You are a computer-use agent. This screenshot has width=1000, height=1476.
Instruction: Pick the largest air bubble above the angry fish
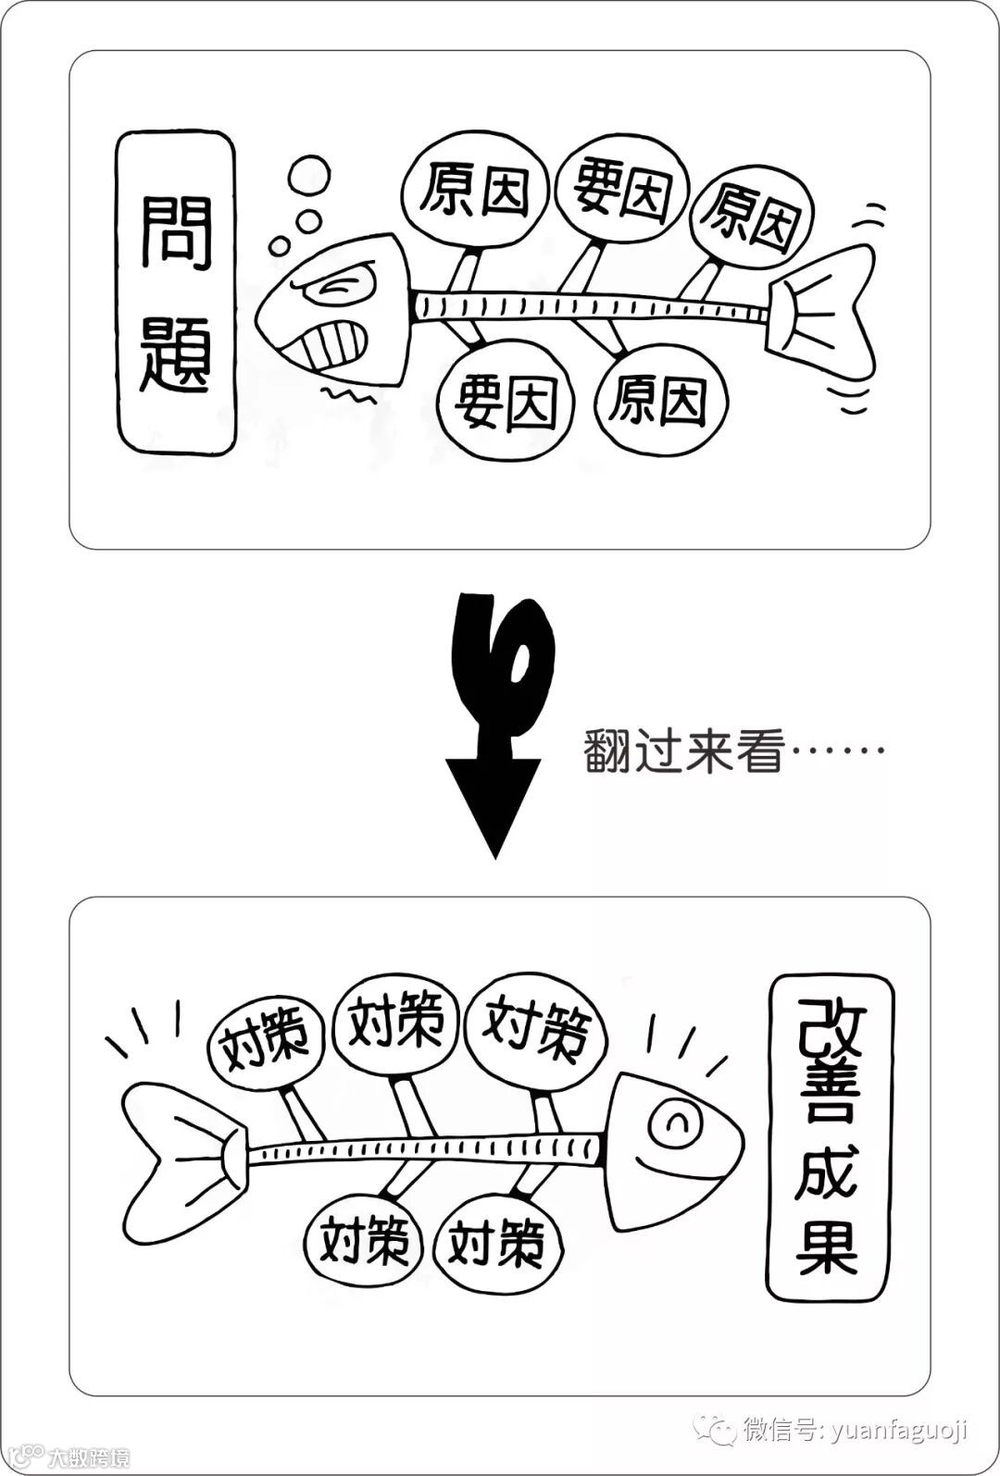[308, 175]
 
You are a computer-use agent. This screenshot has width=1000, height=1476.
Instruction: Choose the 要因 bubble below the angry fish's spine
[506, 404]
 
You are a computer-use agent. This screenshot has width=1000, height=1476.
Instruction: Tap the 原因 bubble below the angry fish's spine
[659, 400]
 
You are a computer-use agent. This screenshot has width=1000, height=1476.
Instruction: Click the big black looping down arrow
[495, 722]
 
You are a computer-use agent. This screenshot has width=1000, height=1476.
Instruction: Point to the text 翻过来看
[683, 750]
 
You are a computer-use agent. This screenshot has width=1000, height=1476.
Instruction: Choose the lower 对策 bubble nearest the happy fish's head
[495, 1243]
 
